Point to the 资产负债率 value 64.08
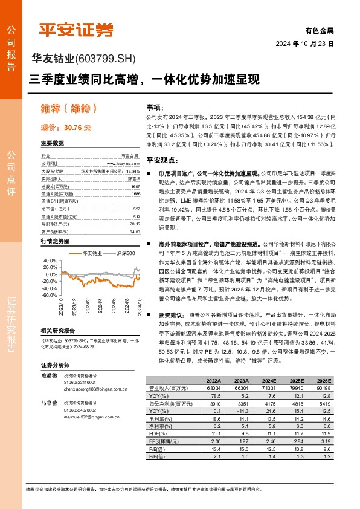(133, 232)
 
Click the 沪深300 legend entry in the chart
(124, 253)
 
